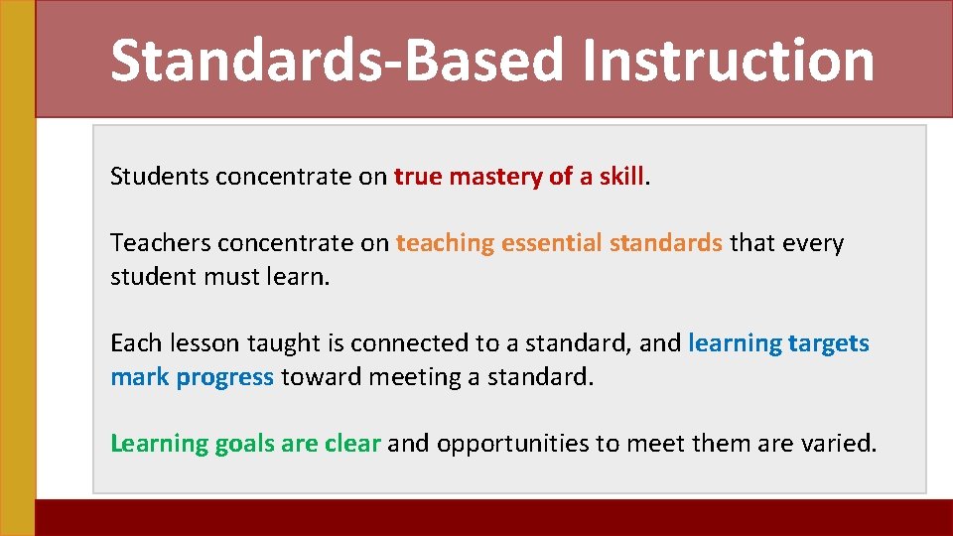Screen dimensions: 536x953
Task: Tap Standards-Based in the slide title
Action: click(x=340, y=60)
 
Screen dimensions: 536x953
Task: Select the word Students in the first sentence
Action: click(x=159, y=177)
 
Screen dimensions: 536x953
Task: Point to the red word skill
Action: click(x=621, y=177)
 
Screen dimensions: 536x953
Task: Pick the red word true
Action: click(x=418, y=177)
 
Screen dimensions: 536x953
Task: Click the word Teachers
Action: click(x=160, y=243)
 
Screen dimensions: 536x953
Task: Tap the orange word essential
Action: click(x=551, y=243)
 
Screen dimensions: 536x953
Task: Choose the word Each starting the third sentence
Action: click(x=134, y=343)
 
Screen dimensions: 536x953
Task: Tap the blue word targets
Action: click(x=829, y=344)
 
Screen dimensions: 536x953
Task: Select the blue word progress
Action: click(x=224, y=378)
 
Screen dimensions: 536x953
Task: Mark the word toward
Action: click(x=318, y=377)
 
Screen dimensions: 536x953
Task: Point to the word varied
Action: click(x=839, y=444)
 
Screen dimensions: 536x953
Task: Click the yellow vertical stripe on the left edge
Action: click(x=17, y=268)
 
